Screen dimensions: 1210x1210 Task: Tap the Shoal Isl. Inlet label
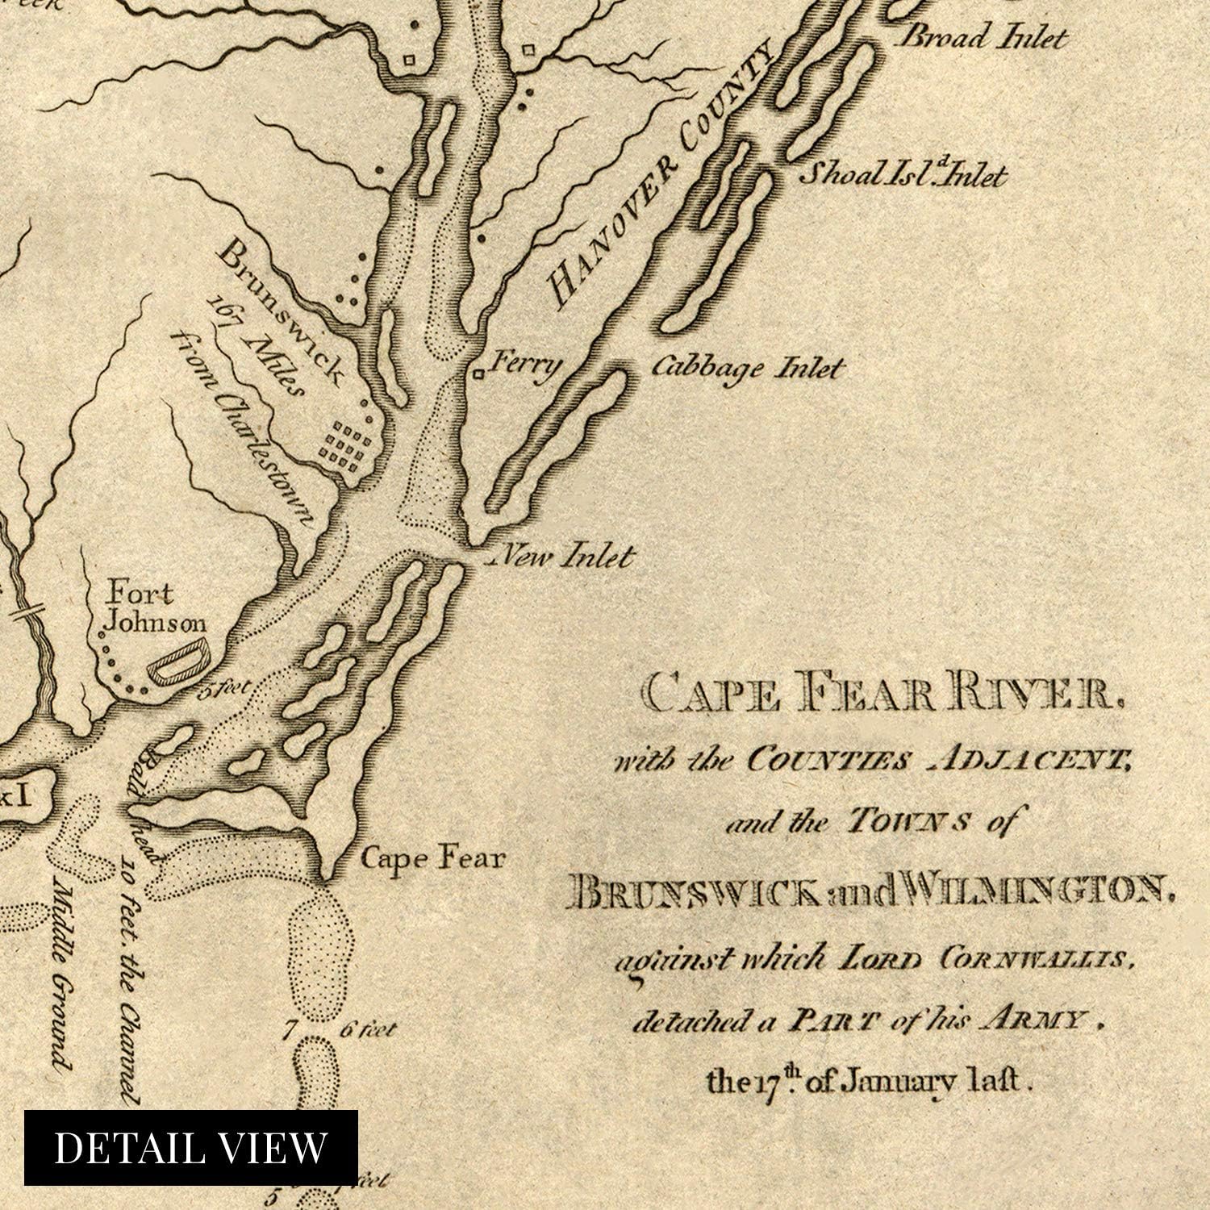click(902, 175)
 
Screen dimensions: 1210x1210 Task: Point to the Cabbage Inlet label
click(746, 369)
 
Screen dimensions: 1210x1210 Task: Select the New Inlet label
click(564, 556)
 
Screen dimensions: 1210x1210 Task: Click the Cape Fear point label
click(432, 857)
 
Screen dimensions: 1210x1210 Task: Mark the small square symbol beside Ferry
click(479, 373)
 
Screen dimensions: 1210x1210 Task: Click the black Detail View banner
click(190, 1147)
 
